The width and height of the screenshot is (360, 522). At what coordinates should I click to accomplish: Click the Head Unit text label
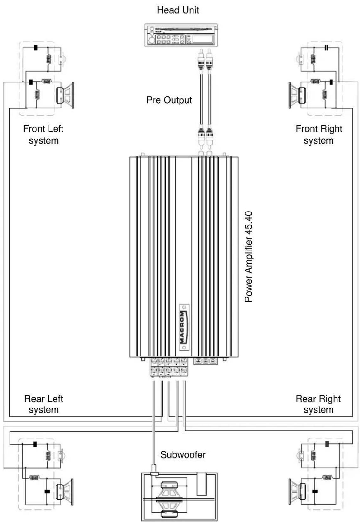click(178, 10)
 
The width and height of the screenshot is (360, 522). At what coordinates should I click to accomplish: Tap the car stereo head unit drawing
click(181, 35)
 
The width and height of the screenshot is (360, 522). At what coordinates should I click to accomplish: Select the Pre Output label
click(169, 100)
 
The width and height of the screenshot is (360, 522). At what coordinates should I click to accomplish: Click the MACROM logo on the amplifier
click(184, 327)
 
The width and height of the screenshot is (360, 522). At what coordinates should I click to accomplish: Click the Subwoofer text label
click(183, 455)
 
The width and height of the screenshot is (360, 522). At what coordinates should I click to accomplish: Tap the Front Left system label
click(43, 135)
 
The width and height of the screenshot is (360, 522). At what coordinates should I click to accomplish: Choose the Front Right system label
click(319, 135)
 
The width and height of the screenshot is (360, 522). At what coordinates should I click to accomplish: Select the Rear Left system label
click(43, 404)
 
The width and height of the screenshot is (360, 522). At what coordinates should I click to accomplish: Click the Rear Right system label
click(318, 404)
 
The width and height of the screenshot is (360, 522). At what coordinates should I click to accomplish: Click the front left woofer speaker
click(65, 95)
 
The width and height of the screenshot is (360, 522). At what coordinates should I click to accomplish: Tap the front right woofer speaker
click(297, 95)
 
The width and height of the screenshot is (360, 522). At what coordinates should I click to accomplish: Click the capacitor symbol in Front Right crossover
click(327, 48)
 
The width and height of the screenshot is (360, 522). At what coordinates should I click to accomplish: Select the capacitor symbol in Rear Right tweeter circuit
click(327, 444)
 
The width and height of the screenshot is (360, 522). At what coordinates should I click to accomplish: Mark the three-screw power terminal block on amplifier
click(206, 361)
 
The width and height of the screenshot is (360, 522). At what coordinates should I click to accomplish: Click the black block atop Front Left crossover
click(36, 48)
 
